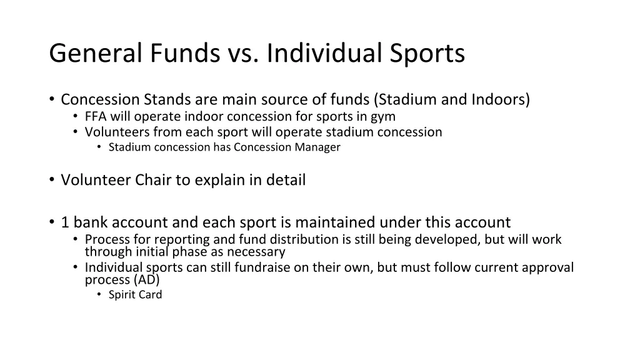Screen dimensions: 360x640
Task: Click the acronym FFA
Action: tap(96, 117)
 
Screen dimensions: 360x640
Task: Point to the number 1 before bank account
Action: tap(65, 222)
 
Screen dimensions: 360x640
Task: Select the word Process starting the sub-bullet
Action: tap(105, 239)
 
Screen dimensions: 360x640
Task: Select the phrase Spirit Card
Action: tap(135, 295)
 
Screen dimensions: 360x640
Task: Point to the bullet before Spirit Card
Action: tap(99, 295)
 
